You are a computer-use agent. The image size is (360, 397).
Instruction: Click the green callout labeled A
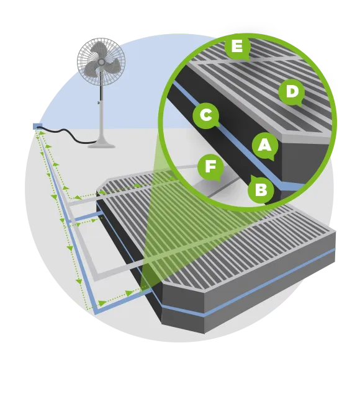point(265,146)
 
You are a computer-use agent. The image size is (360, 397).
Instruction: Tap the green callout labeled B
point(261,189)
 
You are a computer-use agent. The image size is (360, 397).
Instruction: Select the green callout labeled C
point(205,115)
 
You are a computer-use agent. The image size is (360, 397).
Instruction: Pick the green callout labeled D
point(292,92)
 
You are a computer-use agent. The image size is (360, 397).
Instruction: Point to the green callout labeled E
point(237,47)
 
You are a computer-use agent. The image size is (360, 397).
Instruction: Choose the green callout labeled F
point(210,167)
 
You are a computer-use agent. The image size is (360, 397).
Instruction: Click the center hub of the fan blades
point(101,61)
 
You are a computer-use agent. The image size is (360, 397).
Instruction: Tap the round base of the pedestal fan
point(101,145)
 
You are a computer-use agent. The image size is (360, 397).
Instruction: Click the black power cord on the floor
point(66,135)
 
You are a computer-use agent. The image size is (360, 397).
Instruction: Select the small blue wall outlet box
point(37,127)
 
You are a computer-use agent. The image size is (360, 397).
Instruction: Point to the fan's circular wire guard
point(101,61)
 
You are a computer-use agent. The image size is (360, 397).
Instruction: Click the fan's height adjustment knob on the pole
point(99,102)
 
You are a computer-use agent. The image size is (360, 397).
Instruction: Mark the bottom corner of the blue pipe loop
point(96,313)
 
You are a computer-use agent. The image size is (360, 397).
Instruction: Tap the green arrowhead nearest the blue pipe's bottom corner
point(102,303)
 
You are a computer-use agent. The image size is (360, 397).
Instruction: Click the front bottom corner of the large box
point(204,333)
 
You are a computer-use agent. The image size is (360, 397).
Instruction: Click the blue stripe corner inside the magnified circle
point(282,184)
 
